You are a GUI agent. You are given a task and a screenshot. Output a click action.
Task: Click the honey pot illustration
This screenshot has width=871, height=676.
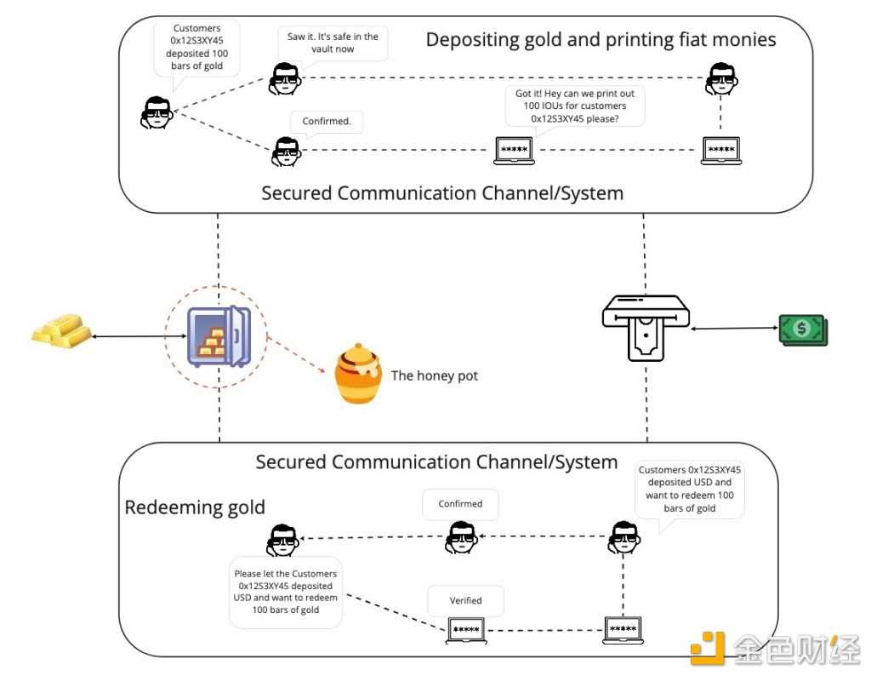point(357,375)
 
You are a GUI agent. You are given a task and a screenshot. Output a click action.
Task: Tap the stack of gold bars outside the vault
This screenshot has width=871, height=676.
point(59,329)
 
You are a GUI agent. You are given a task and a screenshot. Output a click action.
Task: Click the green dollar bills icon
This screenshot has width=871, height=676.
point(802,329)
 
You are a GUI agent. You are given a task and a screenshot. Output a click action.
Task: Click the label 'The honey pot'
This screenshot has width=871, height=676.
point(434,375)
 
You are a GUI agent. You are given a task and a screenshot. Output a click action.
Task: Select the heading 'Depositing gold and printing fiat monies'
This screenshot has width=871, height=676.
point(601,39)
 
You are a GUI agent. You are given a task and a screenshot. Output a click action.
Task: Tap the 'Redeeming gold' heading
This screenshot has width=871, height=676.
point(195,507)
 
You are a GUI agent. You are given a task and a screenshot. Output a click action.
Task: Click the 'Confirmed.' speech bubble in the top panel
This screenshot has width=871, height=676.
point(327,122)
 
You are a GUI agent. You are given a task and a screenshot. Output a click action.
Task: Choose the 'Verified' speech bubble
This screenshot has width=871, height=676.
point(465,600)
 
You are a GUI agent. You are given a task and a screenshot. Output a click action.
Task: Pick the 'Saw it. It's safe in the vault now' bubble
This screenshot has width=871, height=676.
point(333,43)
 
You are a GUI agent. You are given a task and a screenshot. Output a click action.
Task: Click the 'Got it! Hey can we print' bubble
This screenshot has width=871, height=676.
point(574,106)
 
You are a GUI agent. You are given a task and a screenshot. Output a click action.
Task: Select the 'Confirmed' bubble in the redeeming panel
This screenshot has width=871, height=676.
point(460,503)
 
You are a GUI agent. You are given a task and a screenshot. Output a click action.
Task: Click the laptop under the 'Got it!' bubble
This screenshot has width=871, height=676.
point(515,151)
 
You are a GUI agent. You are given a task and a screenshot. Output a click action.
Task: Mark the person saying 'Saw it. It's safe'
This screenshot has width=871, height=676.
point(285,78)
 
